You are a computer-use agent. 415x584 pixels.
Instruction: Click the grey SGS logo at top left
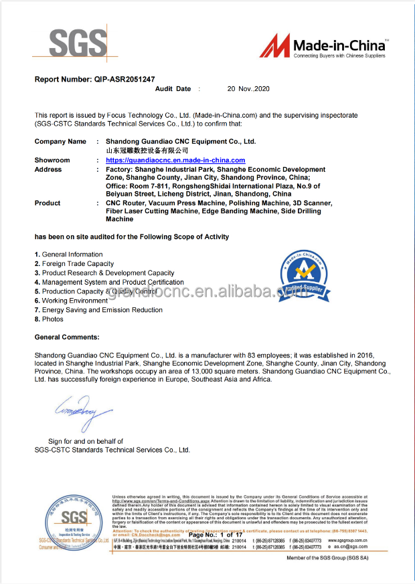pyautogui.click(x=78, y=43)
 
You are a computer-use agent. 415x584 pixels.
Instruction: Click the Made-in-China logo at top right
pyautogui.click(x=323, y=46)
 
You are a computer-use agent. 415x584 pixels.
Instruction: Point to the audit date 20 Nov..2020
pyautogui.click(x=248, y=89)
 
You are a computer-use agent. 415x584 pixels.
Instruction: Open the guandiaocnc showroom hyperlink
pyautogui.click(x=175, y=160)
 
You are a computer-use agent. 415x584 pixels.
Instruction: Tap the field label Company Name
pyautogui.click(x=60, y=142)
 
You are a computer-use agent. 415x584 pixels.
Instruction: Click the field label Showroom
pyautogui.click(x=52, y=160)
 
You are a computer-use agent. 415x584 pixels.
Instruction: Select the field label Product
pyautogui.click(x=48, y=203)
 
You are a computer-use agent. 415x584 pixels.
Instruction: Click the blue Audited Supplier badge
pyautogui.click(x=294, y=274)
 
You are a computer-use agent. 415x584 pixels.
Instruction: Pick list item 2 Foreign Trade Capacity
pyautogui.click(x=74, y=264)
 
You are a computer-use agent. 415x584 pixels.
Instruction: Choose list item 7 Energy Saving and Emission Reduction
pyautogui.click(x=98, y=310)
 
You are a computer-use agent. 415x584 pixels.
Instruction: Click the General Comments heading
pyautogui.click(x=67, y=337)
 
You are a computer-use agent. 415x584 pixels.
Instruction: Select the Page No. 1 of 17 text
pyautogui.click(x=216, y=535)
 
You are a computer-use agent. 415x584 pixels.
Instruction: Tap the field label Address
pyautogui.click(x=48, y=170)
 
